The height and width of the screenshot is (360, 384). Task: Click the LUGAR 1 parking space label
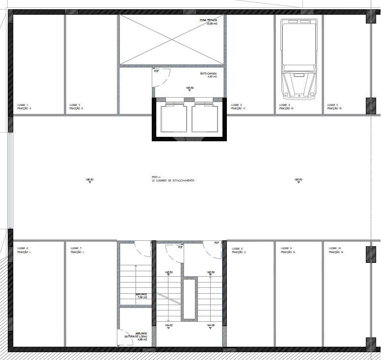coord(23,104)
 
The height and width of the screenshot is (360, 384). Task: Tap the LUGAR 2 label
coord(75,104)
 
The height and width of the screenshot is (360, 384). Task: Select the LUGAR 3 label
coord(237,104)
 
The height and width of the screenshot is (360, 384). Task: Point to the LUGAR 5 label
coord(333,104)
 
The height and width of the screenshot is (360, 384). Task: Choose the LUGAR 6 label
coord(23,248)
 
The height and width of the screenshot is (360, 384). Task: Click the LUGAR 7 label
coord(76,248)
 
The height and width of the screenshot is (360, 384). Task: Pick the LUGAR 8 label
coord(238,249)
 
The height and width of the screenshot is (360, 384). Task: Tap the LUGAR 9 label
coord(286,248)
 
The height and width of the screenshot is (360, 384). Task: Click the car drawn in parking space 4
coord(298,58)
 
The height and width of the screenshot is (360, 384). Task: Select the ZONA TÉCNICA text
coord(208,20)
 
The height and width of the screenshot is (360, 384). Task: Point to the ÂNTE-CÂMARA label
coord(208,74)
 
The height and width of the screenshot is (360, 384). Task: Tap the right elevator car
coord(205,118)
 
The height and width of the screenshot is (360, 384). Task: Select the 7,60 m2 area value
coord(142,298)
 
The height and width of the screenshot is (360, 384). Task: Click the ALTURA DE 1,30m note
coord(136,336)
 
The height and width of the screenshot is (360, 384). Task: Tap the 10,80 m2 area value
coord(211,24)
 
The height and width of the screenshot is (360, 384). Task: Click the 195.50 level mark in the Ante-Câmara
coord(190,88)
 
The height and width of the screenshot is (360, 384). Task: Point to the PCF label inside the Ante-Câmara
coord(157,71)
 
